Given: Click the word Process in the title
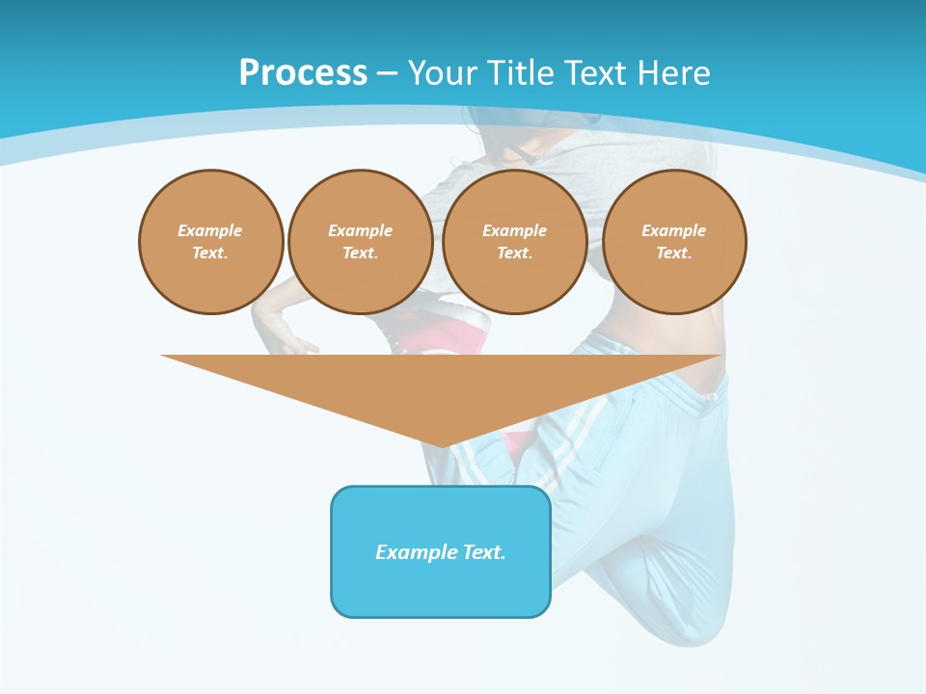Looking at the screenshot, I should (303, 72).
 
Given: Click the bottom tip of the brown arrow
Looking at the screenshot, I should (441, 444).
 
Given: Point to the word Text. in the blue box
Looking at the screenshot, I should (483, 552).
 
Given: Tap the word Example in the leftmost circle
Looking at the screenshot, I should (210, 230).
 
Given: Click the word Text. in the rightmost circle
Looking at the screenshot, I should (674, 253).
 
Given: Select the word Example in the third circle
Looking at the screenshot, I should (515, 230).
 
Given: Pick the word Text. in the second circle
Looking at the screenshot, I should (361, 253).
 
